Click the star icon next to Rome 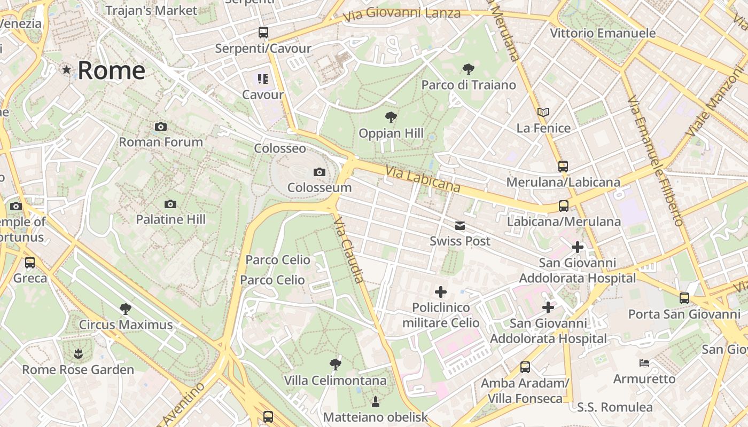point(67,69)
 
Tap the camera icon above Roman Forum point(160,126)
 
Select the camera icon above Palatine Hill point(170,204)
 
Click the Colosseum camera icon point(320,172)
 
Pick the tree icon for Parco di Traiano point(469,69)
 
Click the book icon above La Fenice point(543,112)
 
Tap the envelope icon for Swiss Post point(460,226)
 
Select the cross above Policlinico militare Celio point(441,292)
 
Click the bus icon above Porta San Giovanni point(684,298)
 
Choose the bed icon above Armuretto point(644,363)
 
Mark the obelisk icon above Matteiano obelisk point(376,401)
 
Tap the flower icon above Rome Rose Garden point(78,353)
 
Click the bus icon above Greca point(30,263)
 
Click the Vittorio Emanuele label point(603,33)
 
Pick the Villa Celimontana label point(335,381)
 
